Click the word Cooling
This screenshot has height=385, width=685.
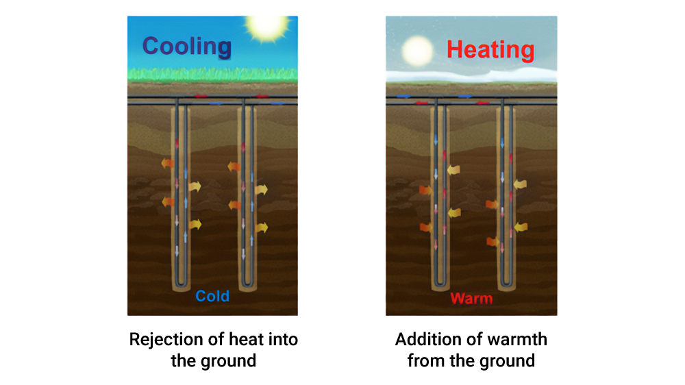click(x=186, y=47)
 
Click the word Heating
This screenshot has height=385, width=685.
click(x=490, y=49)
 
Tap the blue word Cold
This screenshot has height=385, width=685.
click(x=212, y=296)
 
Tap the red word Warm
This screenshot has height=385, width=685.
click(x=471, y=299)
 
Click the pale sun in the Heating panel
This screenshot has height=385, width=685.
click(x=418, y=50)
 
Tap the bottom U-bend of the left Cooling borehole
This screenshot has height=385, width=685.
click(x=181, y=284)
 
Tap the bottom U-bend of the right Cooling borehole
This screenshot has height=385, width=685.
click(x=247, y=284)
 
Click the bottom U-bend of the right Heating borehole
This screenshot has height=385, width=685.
click(x=506, y=284)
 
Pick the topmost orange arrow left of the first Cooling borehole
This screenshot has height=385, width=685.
click(x=167, y=163)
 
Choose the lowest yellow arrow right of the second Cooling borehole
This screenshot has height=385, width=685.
click(x=261, y=227)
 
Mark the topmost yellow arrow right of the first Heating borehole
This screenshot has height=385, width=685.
click(x=453, y=170)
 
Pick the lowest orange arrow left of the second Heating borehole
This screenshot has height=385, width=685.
click(x=491, y=241)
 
